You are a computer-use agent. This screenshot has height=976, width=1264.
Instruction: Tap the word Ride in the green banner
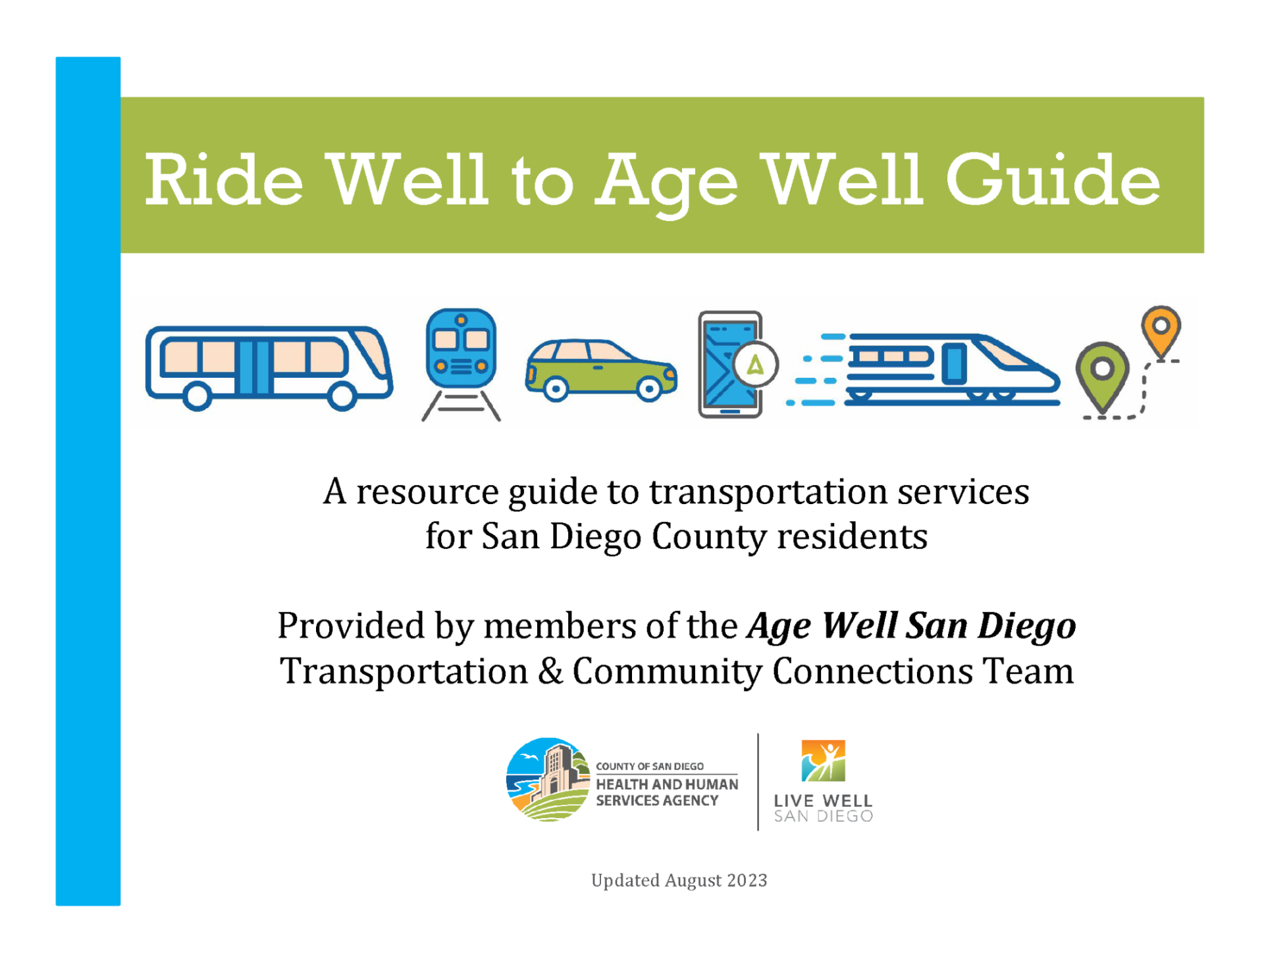point(224,180)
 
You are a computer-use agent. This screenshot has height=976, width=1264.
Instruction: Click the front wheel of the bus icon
point(342,396)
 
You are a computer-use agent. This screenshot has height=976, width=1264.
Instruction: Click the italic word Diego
point(1026,626)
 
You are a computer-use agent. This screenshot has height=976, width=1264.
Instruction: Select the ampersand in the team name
point(550,671)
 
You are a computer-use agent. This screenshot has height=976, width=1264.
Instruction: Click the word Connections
point(872,671)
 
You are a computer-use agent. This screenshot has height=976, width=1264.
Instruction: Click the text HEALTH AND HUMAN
point(666,784)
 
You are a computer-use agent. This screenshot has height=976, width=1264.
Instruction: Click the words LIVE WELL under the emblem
point(823,801)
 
